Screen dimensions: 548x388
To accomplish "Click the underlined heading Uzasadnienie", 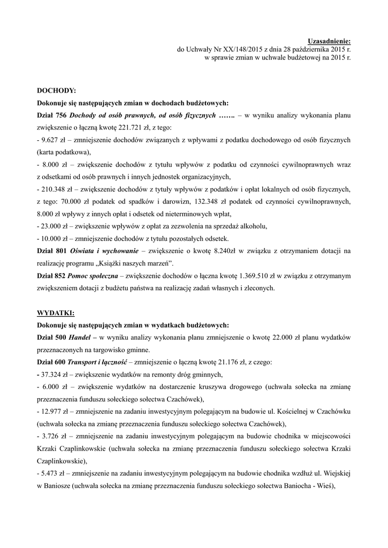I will point(330,41).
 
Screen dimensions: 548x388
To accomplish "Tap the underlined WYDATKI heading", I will point(56,312).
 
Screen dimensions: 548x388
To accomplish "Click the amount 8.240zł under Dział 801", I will point(228,250).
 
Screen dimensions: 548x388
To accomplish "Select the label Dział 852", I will point(51,275).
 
